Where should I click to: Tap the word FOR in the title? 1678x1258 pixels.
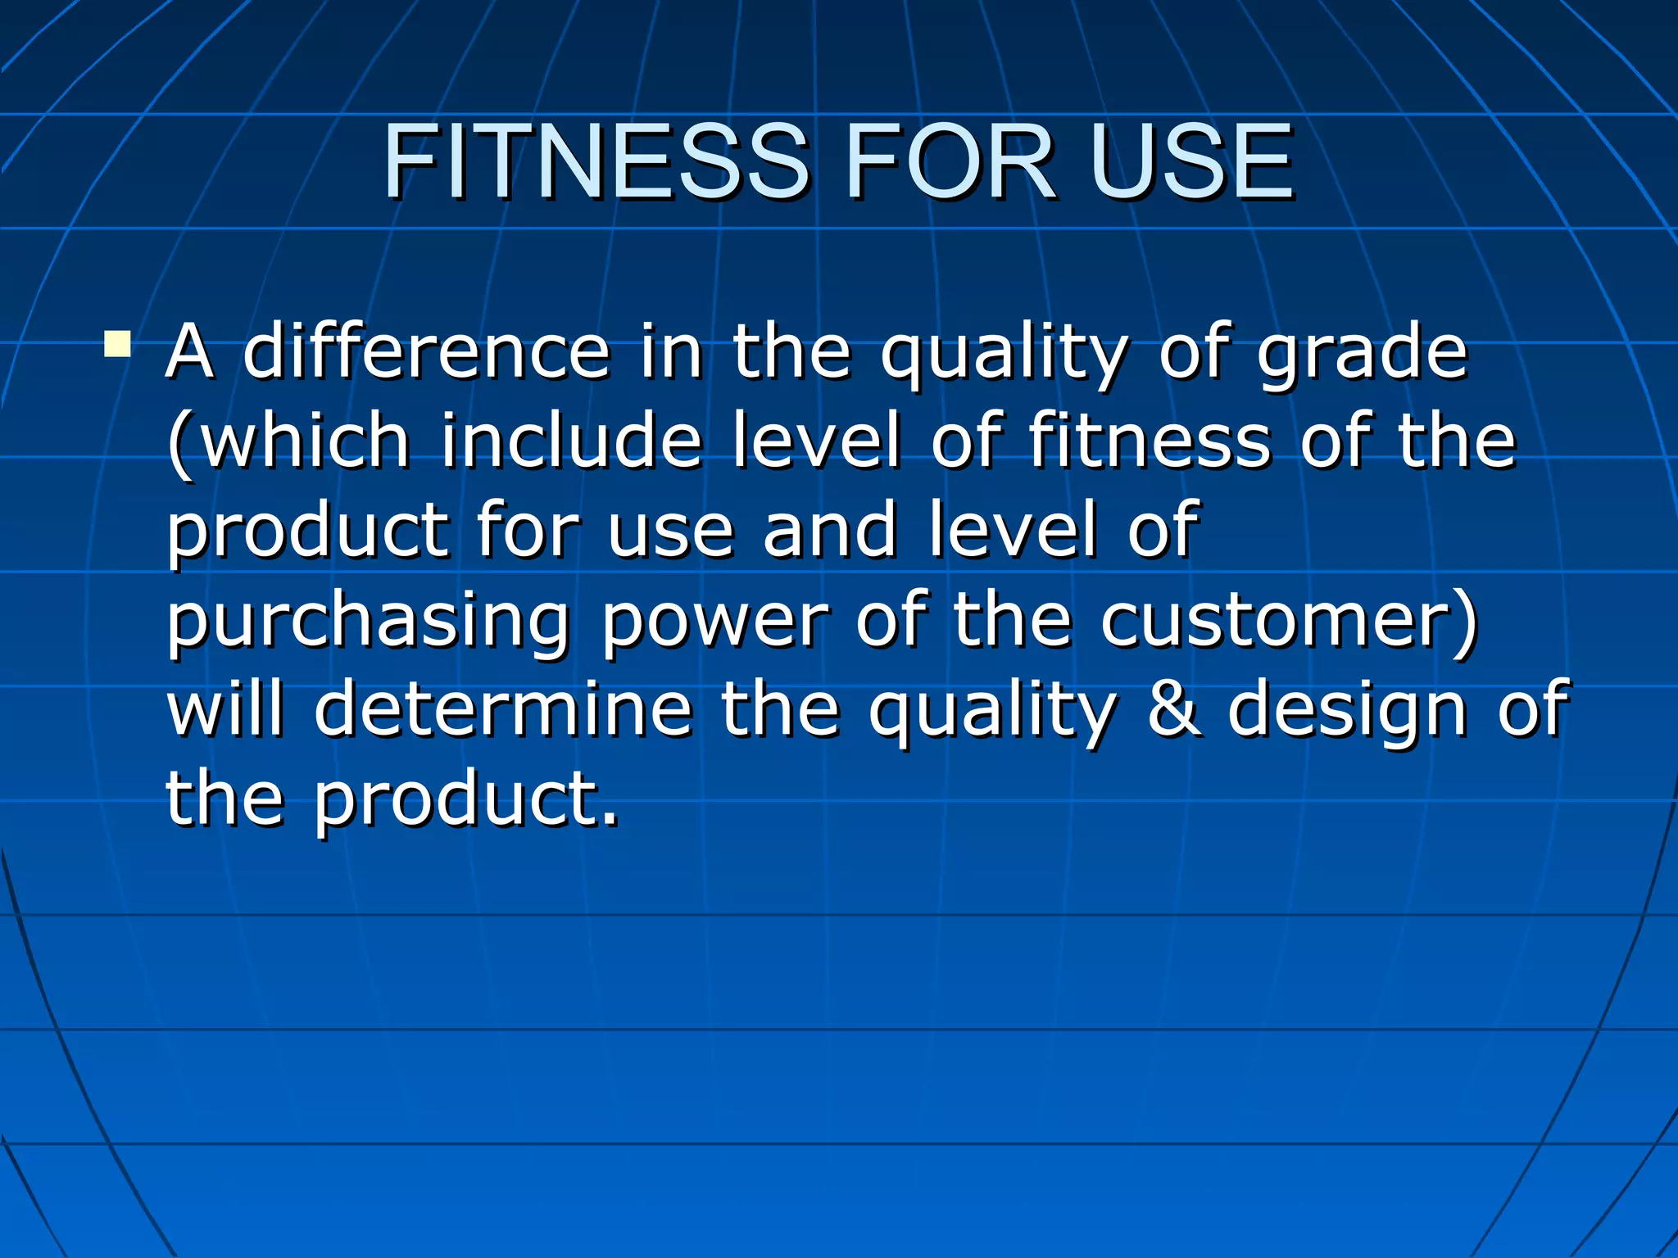[x=950, y=161]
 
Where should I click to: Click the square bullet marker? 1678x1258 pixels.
[x=117, y=343]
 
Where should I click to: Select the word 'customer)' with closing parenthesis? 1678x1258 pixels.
[x=1290, y=621]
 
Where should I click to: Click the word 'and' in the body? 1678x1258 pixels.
[x=830, y=530]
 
